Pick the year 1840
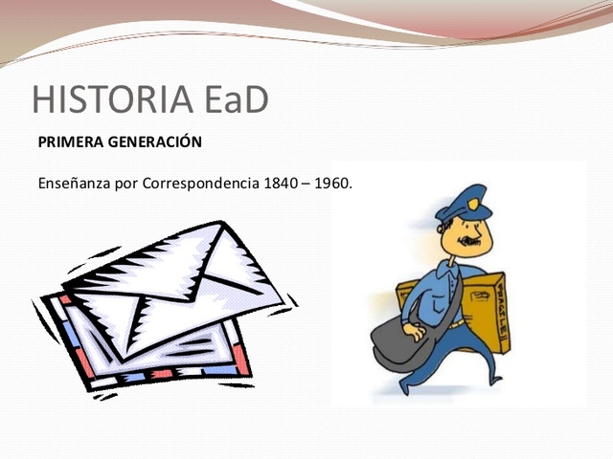[283, 183]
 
